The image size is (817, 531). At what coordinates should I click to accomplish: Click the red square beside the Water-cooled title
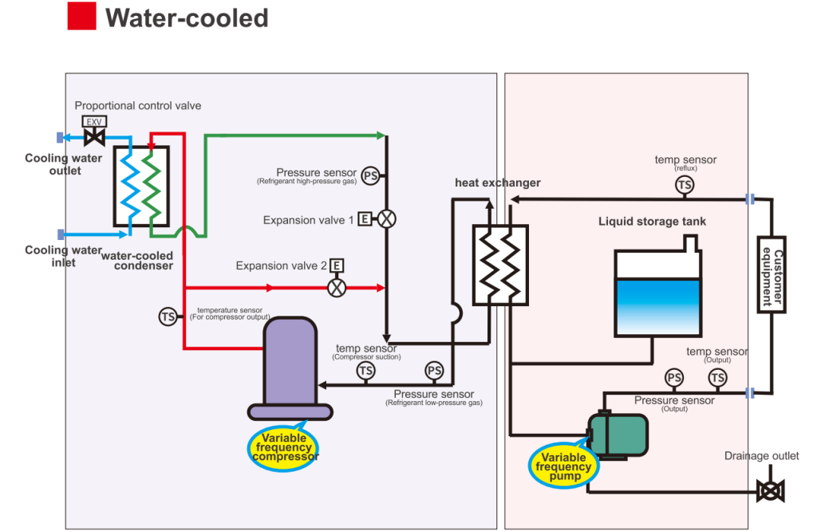tap(82, 16)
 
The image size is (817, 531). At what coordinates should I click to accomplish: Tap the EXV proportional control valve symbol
tap(94, 132)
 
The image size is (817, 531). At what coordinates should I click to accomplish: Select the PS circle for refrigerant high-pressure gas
tap(370, 176)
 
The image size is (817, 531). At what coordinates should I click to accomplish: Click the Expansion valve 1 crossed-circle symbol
tap(386, 218)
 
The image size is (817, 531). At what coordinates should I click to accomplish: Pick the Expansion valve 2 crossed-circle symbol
tap(337, 287)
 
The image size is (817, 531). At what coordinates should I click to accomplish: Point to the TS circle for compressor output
tap(168, 317)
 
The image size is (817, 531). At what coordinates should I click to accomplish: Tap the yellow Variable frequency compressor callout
tap(283, 447)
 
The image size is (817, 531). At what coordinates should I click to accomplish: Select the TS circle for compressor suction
tap(365, 371)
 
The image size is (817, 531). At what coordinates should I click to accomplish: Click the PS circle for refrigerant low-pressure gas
tap(434, 371)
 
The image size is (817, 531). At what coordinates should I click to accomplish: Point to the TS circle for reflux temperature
tap(685, 185)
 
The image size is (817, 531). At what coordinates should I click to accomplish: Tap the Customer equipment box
tap(772, 274)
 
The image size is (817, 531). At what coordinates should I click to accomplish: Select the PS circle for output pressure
tap(674, 377)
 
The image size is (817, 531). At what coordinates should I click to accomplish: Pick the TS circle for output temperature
tap(717, 377)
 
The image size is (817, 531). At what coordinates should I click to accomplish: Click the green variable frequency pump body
tap(618, 435)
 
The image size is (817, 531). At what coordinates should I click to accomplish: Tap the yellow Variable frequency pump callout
tap(564, 466)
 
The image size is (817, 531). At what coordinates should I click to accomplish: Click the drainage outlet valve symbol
tap(771, 491)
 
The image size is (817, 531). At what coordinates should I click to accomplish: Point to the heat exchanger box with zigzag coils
tap(500, 265)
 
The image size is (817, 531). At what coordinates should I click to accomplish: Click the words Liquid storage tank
tap(652, 222)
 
